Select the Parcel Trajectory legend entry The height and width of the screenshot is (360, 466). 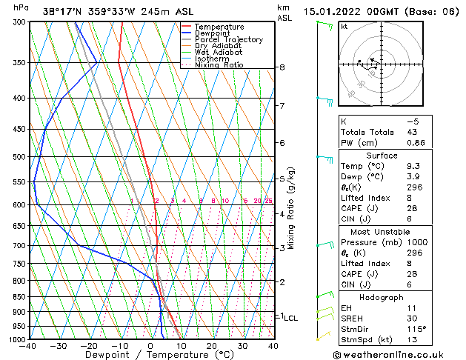tap(228, 40)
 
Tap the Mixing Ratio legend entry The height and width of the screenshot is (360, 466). tap(219, 65)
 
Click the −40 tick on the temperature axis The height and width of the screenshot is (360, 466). tap(29, 345)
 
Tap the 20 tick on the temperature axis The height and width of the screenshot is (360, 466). tap(212, 345)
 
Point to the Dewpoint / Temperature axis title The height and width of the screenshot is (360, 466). tap(150, 355)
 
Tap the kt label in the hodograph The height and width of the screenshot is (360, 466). tap(344, 26)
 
